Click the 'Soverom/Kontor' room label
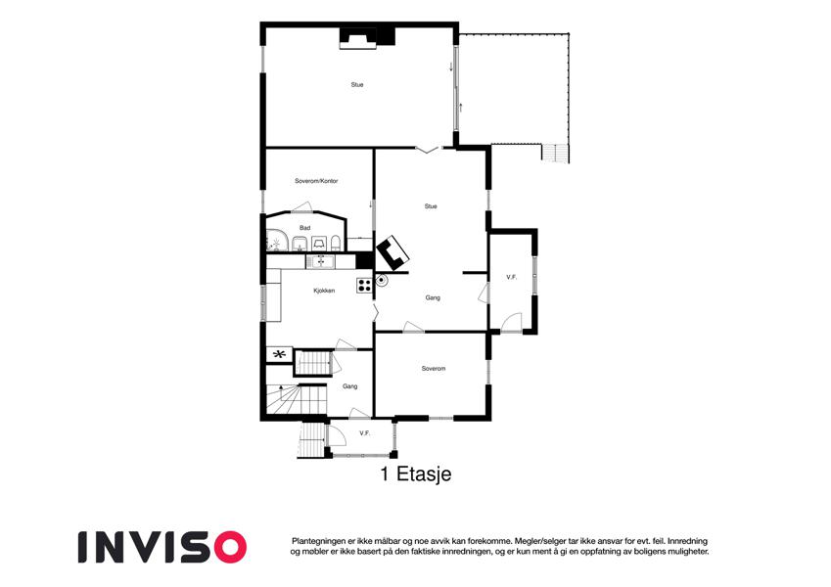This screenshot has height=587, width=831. point(315,181)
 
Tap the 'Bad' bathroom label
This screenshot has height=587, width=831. point(304,228)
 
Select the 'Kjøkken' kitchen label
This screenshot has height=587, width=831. point(324,291)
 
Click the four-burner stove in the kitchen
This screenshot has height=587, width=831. point(364,286)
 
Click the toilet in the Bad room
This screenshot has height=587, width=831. point(335,244)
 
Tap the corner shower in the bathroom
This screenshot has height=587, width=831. point(275,241)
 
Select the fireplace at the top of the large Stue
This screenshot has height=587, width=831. point(357,38)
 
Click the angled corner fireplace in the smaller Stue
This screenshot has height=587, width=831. point(393,252)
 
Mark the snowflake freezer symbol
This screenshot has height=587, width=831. point(279,354)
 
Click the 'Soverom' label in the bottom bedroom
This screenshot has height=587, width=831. point(434,369)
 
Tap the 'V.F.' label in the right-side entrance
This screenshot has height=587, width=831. point(511,278)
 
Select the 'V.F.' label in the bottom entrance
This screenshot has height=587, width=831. point(364,432)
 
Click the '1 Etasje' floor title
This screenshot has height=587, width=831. point(415,474)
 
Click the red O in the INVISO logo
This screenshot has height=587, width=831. point(228,546)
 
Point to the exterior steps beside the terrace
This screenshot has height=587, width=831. point(555,154)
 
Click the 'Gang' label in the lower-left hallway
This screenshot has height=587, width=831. point(349,386)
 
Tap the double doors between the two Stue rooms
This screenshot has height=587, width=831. point(428,149)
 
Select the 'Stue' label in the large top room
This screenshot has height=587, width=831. point(357,85)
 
